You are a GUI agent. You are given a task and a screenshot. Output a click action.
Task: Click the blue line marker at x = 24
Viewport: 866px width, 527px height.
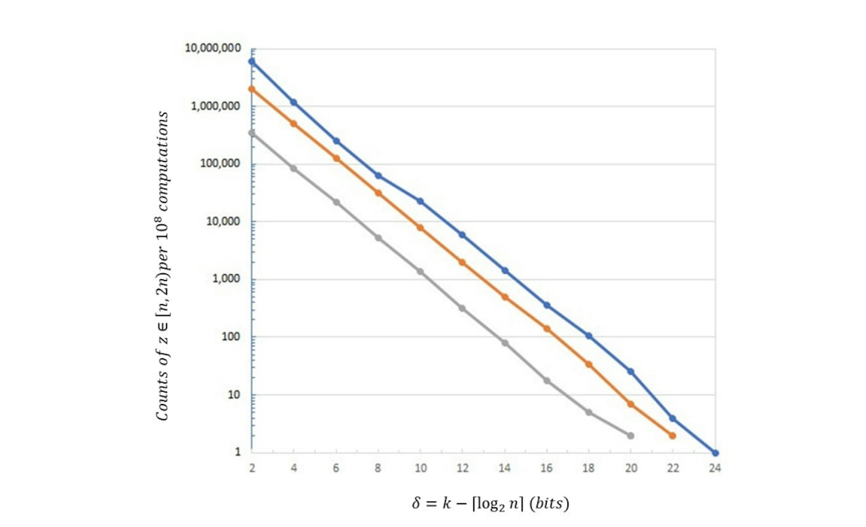point(715,453)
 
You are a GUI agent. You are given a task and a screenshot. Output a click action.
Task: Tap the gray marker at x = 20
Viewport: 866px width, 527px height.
point(631,436)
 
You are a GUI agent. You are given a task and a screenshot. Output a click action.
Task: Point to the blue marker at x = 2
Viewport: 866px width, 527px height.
point(252,62)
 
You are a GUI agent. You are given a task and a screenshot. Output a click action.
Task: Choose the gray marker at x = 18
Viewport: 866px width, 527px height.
point(589,412)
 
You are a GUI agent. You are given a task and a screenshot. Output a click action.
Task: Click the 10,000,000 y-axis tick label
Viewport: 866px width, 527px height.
point(213,48)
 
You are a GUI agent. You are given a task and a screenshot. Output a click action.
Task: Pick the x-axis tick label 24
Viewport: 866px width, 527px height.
point(715,468)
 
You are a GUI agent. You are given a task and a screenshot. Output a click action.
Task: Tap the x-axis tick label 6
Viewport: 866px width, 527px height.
point(336,468)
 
